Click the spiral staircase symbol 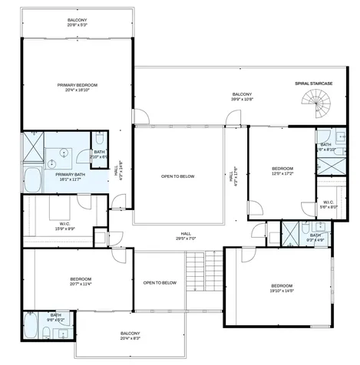coord(315,102)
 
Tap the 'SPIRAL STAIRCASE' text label coord(312,83)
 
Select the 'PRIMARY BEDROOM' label coord(78,87)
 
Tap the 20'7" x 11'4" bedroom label coord(80,281)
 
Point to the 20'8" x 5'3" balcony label coord(77,22)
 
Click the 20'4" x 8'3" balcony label coord(130,335)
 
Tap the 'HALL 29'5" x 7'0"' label coord(186,235)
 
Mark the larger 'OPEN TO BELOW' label coord(178,176)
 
